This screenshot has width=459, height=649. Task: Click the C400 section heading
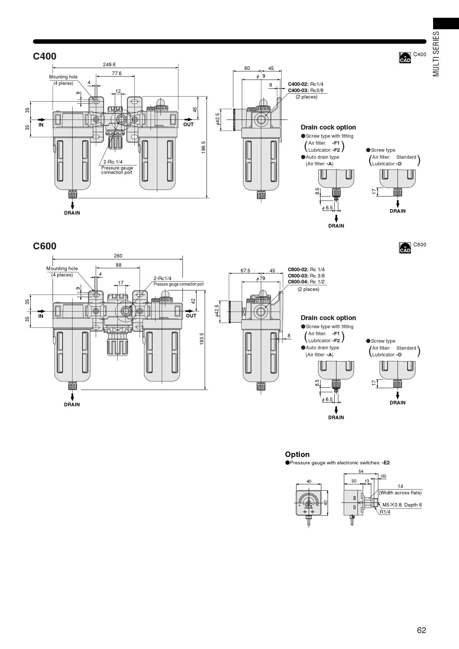45,56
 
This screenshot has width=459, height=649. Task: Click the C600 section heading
45,246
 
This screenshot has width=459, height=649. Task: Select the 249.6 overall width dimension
109,64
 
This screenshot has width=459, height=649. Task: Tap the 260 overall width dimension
118,256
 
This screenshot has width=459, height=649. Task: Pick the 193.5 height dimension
202,339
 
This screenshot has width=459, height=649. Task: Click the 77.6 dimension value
117,73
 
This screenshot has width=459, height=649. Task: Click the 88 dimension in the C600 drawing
118,265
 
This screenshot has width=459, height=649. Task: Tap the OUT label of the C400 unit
188,124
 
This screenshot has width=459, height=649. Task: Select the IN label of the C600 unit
41,316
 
